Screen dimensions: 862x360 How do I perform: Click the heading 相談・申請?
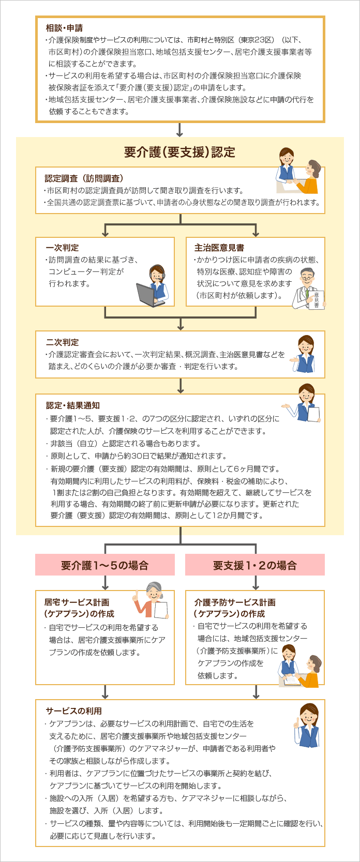click(64, 28)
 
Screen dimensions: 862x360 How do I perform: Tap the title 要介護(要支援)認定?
click(179, 152)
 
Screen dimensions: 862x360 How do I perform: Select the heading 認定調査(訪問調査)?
click(84, 178)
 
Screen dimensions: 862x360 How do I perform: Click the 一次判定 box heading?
click(62, 248)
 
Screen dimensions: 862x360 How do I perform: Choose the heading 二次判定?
click(62, 342)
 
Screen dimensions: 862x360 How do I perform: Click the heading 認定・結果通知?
click(72, 405)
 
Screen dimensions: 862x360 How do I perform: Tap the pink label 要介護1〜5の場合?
click(104, 565)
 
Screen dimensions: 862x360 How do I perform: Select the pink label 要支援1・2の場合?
click(254, 565)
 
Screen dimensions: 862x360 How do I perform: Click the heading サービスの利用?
click(73, 711)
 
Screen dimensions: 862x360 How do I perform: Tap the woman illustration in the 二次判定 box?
click(304, 354)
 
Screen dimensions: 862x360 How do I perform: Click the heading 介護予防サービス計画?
click(234, 602)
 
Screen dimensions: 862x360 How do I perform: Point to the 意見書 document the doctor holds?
click(316, 299)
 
